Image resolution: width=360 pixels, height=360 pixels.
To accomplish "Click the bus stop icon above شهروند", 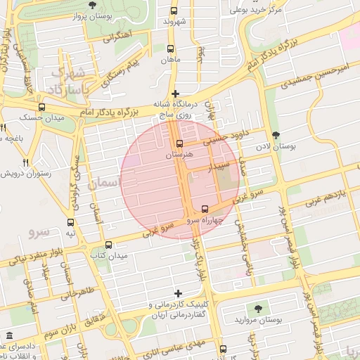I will [x=174, y=11].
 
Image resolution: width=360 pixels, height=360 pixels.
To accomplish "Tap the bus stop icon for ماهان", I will [x=171, y=49].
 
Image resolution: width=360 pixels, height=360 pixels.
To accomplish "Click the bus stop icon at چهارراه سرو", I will [x=205, y=209].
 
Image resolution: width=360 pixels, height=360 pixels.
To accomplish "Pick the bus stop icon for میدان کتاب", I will [x=108, y=245].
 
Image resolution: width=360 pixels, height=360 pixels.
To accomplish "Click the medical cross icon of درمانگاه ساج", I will [x=175, y=94].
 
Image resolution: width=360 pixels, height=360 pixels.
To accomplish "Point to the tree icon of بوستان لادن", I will [x=275, y=135].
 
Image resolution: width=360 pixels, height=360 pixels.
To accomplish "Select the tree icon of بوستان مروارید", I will [x=257, y=308].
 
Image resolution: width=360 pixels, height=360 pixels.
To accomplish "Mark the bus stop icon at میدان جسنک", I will [x=42, y=108].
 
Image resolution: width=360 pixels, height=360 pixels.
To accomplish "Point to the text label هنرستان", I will [x=180, y=154].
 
